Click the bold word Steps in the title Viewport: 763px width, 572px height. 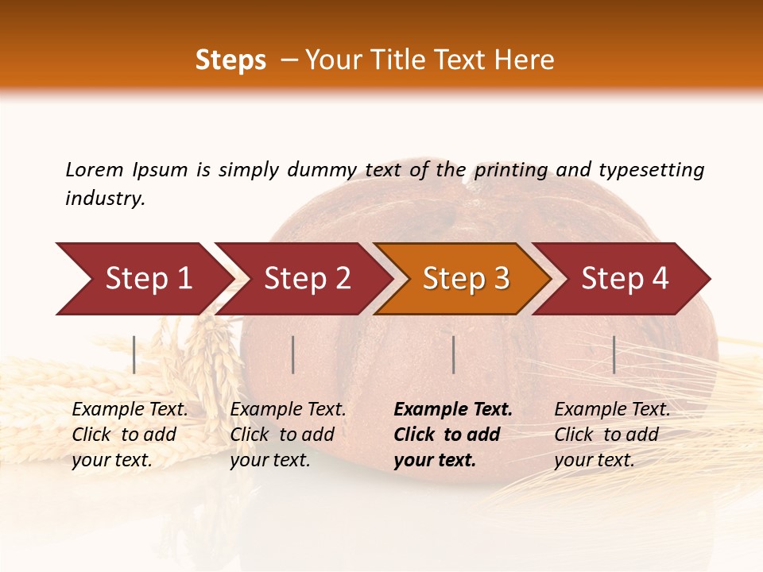coord(230,60)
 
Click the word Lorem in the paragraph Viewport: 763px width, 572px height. coord(94,169)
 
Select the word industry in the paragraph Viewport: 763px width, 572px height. coord(104,199)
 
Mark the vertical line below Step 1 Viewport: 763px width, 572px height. coord(134,354)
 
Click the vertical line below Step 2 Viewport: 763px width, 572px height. coord(293,354)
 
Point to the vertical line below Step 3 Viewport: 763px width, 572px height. coord(453,354)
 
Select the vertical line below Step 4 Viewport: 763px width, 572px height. coord(614,354)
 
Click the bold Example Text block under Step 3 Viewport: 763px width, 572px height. coord(453,435)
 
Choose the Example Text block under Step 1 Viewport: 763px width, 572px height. coord(130,435)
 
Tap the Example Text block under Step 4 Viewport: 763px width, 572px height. coord(612,435)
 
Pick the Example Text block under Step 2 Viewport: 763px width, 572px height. coord(288,435)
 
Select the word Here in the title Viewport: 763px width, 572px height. coord(528,60)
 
